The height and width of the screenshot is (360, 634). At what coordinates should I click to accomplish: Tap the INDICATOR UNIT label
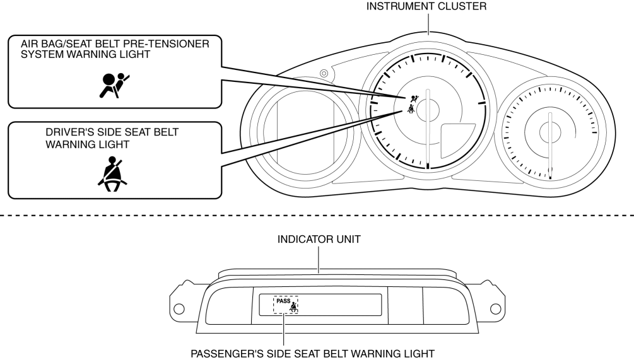pyautogui.click(x=318, y=241)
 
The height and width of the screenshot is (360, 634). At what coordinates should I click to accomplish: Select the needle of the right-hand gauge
pyautogui.click(x=551, y=148)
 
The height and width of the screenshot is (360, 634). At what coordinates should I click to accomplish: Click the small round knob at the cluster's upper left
pyautogui.click(x=324, y=74)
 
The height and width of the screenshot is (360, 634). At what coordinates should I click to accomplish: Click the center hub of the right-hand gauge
pyautogui.click(x=551, y=131)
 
